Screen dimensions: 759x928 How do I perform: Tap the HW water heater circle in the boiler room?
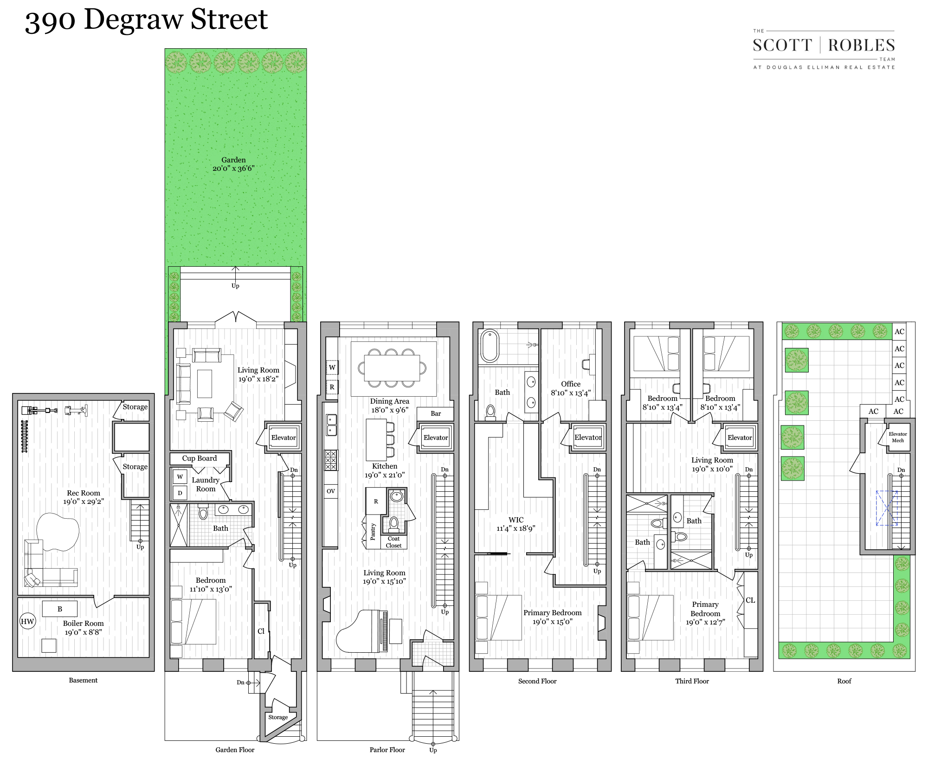(27, 621)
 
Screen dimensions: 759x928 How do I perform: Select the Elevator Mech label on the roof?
(897, 437)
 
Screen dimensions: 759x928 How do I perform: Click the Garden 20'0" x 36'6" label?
(233, 164)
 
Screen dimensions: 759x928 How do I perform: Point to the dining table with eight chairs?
(392, 367)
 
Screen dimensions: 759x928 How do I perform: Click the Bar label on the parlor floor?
(436, 413)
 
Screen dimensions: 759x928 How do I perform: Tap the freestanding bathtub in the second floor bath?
(489, 346)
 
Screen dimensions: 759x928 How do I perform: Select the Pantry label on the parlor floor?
(373, 532)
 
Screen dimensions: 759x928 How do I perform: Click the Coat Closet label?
(393, 542)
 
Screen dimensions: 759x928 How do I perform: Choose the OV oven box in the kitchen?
(331, 491)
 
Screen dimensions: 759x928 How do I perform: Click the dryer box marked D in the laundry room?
(180, 493)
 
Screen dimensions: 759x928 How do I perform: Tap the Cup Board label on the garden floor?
(200, 458)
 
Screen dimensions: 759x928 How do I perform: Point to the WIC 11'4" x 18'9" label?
(516, 524)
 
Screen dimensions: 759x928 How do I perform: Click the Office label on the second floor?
(570, 384)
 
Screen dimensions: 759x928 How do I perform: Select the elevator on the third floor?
(740, 437)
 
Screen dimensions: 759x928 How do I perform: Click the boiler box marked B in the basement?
(60, 609)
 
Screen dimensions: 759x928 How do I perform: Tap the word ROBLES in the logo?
(861, 45)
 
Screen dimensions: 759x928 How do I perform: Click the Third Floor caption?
(692, 681)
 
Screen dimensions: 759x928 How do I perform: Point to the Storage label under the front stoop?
(278, 717)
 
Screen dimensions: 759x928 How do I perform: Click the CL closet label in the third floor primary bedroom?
(750, 600)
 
